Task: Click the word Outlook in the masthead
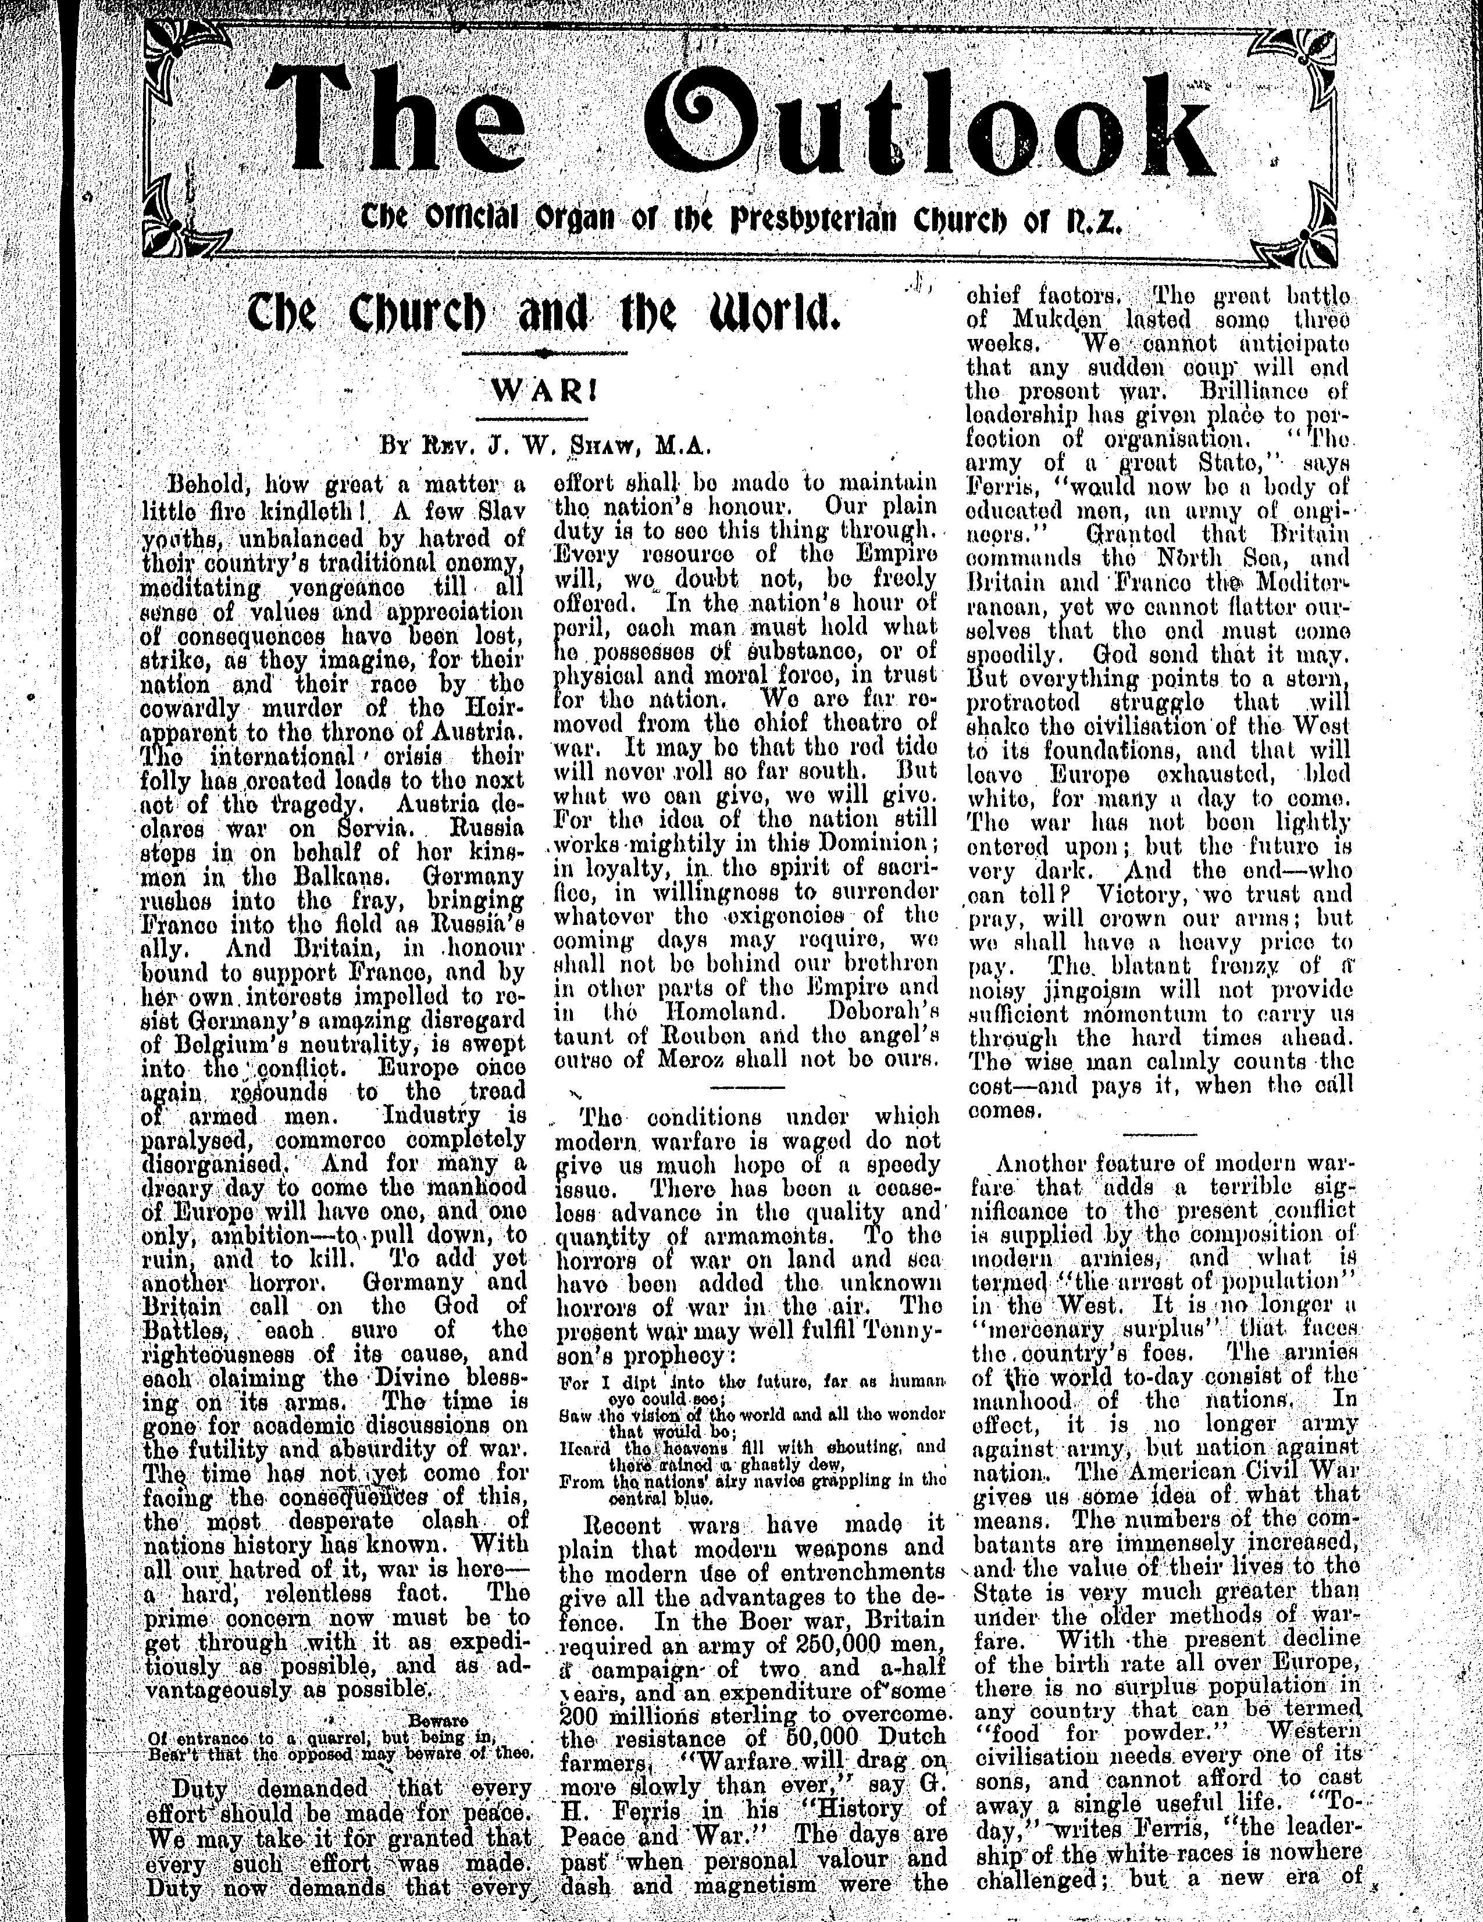coord(933,123)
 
